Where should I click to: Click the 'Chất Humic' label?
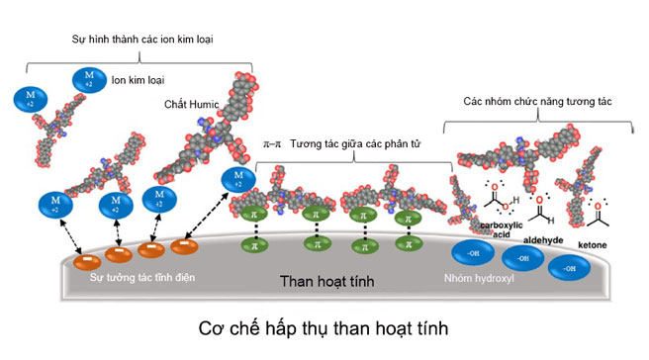(x=190, y=103)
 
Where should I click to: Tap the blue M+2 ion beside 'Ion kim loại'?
(x=87, y=79)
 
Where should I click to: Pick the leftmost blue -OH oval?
(x=471, y=253)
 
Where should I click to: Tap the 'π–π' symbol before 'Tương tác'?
(x=271, y=143)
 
